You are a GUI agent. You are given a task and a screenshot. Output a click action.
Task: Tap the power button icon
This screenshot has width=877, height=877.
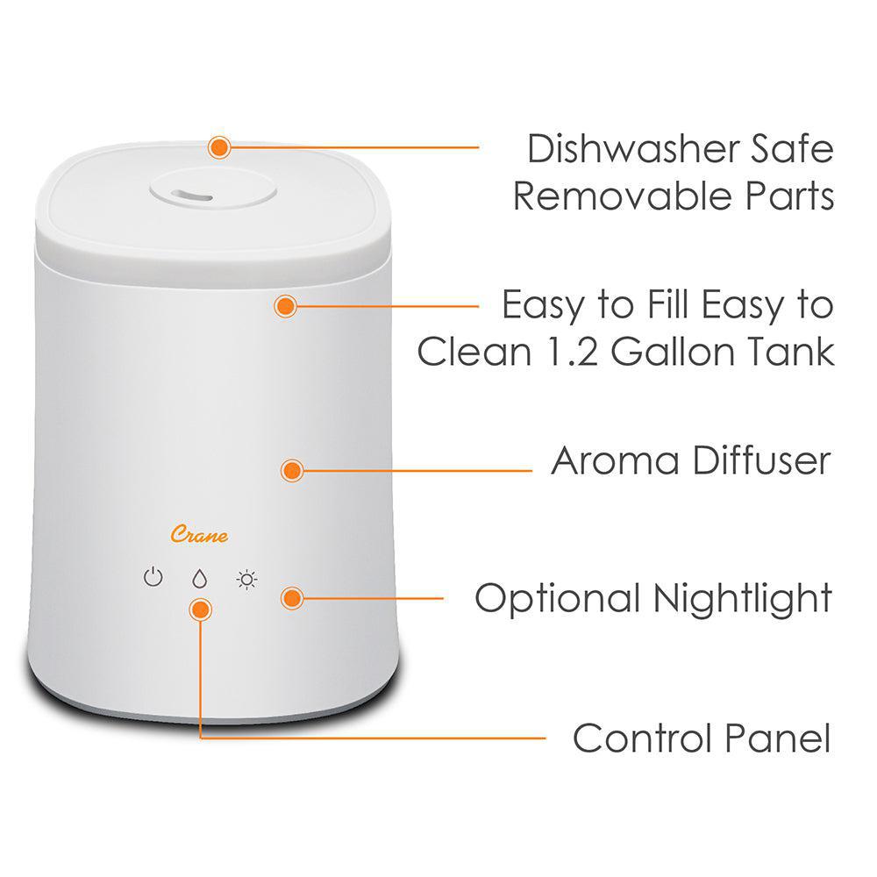(153, 578)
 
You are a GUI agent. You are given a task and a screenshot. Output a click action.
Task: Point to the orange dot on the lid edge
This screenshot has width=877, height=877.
(219, 147)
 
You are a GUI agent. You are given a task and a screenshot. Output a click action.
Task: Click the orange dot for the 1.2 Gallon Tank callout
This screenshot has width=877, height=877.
(285, 306)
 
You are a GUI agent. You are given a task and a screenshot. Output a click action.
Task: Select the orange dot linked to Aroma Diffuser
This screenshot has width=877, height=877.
(291, 470)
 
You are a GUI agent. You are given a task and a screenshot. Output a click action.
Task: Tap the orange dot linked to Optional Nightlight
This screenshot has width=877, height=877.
(291, 599)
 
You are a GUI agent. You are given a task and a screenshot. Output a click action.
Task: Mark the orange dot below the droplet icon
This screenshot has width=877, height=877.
(201, 610)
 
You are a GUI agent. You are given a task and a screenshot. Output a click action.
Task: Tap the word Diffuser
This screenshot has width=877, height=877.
(759, 460)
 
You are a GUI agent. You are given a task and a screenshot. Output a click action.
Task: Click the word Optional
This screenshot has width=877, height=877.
(558, 600)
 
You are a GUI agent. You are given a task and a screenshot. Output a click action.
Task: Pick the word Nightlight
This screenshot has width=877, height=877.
(742, 600)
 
